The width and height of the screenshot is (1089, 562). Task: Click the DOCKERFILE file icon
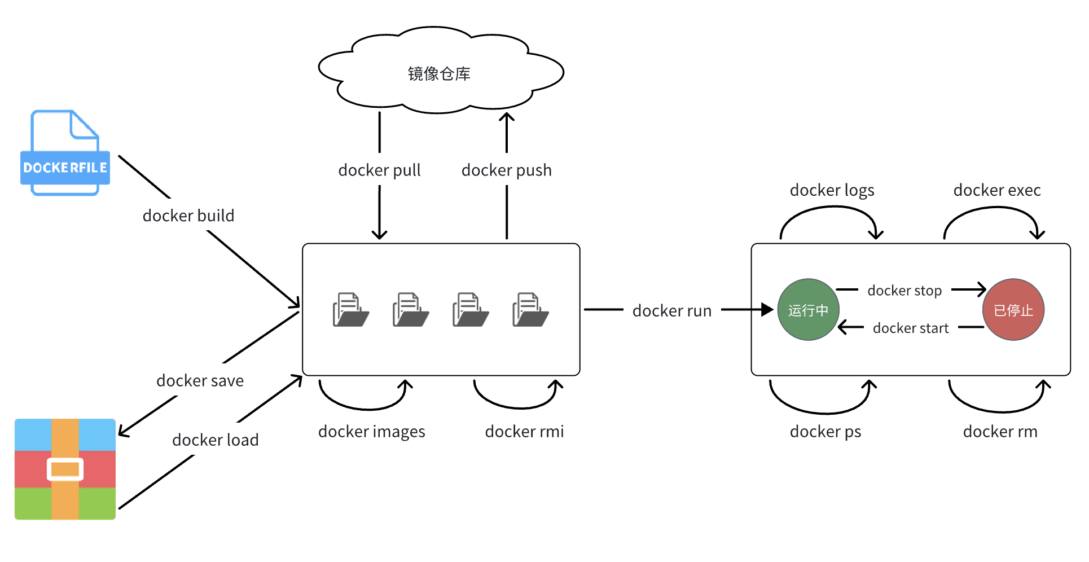click(65, 153)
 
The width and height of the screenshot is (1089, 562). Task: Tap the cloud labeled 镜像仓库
click(440, 72)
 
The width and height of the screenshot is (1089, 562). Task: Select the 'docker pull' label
click(379, 170)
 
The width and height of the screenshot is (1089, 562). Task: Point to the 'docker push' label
click(506, 170)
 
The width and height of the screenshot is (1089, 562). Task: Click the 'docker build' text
click(188, 216)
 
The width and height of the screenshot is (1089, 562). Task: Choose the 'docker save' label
click(200, 381)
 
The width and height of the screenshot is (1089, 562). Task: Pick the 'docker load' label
click(215, 440)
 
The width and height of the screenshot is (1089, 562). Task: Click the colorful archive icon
click(65, 469)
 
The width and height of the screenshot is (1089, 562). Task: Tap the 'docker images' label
click(371, 432)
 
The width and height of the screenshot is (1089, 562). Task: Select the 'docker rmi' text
click(524, 432)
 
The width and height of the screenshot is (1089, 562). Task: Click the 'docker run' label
click(671, 311)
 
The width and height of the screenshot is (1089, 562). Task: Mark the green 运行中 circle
click(808, 310)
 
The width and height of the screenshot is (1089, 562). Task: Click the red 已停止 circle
click(1013, 310)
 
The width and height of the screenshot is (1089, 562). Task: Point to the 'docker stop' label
click(904, 291)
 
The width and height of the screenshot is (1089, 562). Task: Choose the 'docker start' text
click(910, 328)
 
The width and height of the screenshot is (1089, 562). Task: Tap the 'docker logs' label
click(832, 190)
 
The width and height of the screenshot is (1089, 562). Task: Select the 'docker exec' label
click(996, 190)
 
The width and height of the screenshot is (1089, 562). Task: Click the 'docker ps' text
click(825, 432)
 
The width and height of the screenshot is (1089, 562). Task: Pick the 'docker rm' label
click(1000, 432)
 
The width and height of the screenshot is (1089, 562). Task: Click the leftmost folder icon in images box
click(350, 309)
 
